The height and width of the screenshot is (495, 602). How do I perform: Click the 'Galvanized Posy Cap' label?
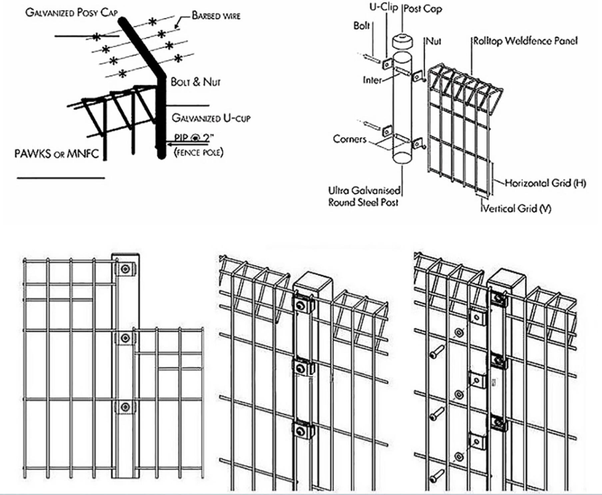71,13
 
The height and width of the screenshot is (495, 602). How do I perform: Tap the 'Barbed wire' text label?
216,16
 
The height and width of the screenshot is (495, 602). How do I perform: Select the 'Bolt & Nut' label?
196,82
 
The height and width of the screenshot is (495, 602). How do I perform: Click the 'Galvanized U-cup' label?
211,118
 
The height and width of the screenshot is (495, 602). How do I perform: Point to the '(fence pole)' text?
199,153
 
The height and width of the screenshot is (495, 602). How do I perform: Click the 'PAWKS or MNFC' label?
57,154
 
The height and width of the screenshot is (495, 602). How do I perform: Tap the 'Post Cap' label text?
423,9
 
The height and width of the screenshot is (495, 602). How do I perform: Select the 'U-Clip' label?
383,7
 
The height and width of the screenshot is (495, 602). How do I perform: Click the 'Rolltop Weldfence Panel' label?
525,41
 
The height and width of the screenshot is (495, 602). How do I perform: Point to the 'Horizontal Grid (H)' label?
545,183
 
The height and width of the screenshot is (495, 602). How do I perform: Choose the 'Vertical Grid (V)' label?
517,209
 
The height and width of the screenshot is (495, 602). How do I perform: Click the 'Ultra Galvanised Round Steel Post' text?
364,197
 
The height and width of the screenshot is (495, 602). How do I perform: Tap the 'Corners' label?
349,139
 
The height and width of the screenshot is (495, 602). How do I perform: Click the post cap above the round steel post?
402,41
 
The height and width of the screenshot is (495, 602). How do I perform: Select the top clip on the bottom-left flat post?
125,269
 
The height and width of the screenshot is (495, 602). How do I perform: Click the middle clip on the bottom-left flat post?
125,338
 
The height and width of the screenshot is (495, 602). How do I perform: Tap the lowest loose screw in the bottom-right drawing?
437,476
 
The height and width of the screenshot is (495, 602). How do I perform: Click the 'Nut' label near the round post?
433,41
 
